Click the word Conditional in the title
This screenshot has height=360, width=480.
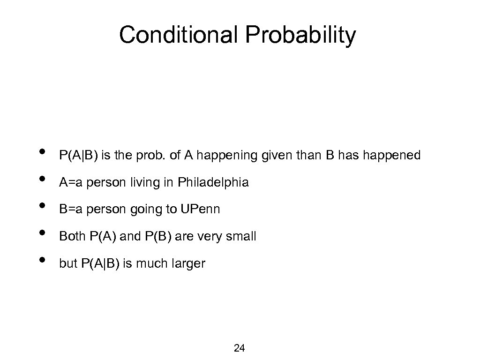click(176, 36)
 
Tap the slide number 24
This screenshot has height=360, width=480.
click(239, 348)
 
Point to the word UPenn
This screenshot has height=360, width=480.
click(200, 210)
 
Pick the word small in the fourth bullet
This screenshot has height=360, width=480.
click(241, 237)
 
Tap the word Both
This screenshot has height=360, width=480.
click(71, 237)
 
